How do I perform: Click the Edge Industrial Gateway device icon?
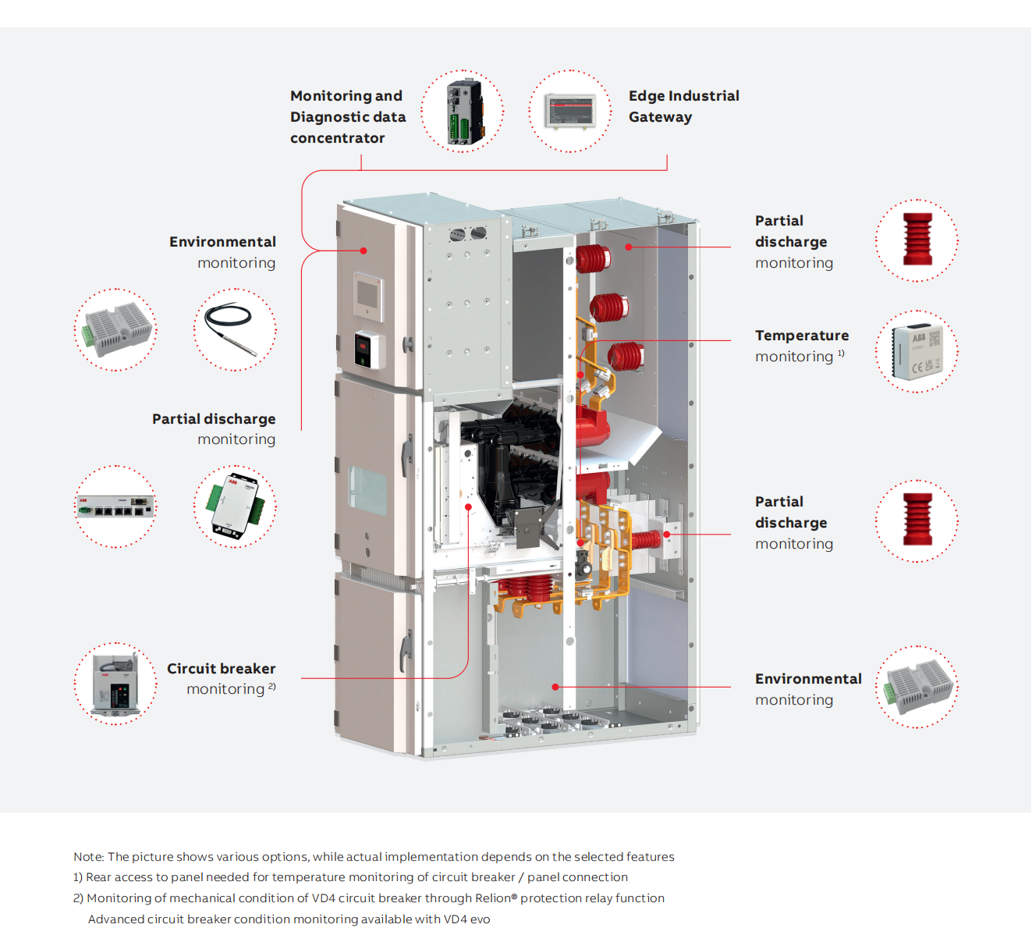tap(569, 111)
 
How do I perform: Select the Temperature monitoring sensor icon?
tap(917, 351)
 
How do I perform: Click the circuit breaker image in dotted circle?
tap(115, 684)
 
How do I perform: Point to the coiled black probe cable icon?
tap(234, 329)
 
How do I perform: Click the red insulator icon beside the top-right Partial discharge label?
tap(917, 240)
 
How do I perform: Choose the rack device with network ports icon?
tap(115, 506)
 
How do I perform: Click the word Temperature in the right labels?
tap(801, 336)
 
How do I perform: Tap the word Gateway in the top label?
tap(660, 117)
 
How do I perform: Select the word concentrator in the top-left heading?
tap(337, 138)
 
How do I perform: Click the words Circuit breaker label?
tap(221, 669)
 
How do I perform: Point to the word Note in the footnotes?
tap(88, 857)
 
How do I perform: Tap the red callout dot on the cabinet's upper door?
tap(364, 251)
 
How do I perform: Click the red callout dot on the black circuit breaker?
tap(468, 506)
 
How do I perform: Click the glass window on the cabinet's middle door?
tap(367, 490)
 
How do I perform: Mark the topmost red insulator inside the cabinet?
tap(593, 258)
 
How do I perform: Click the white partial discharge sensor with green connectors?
tap(234, 506)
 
